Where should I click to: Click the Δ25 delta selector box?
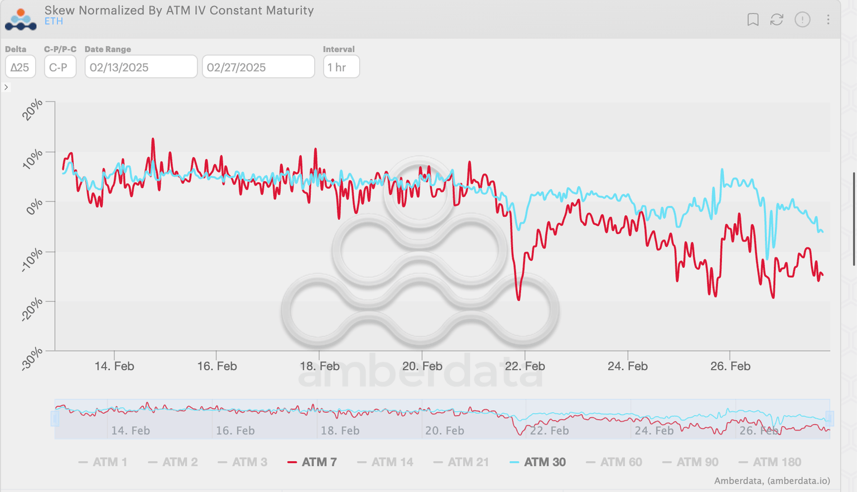point(20,67)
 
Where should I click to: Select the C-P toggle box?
point(60,67)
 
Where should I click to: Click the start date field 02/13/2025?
point(141,67)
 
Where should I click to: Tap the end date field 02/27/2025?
point(258,67)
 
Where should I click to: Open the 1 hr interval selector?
point(341,67)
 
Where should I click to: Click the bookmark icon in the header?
point(753,20)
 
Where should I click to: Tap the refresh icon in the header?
point(777,20)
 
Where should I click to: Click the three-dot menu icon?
point(828,20)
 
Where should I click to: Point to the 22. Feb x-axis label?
point(524,366)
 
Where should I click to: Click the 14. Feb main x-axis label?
point(114,366)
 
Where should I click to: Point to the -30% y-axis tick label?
point(32,359)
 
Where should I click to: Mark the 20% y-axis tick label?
point(32,109)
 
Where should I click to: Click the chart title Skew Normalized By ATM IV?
point(179,10)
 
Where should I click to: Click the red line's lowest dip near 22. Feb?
point(519,300)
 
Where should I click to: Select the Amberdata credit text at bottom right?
point(772,481)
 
